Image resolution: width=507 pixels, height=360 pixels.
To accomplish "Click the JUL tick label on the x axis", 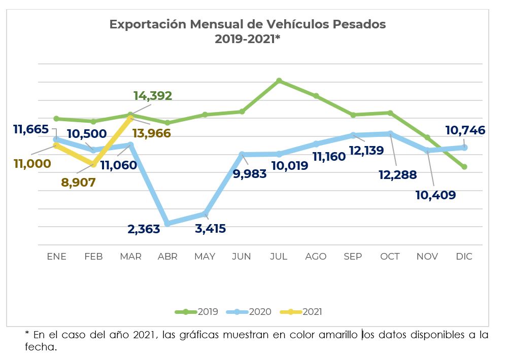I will coord(279,257).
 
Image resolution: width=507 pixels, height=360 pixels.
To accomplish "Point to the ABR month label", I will coord(167,257).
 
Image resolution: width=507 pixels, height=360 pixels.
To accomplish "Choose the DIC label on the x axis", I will coord(464,257).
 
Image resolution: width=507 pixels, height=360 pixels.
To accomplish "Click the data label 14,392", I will coord(153,95).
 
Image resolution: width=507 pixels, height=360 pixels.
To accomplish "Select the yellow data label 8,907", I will coord(78,183).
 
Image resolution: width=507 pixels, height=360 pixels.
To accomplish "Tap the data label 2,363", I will coord(144,229).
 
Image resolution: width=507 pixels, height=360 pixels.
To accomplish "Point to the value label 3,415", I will coord(210,229).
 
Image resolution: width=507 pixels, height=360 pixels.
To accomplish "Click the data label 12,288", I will coord(397,175).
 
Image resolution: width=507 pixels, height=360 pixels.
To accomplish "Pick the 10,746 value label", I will coord(465,130).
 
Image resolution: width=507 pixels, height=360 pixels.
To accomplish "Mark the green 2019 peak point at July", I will coord(279,81).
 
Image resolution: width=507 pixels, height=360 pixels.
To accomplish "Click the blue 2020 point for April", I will coord(167,224).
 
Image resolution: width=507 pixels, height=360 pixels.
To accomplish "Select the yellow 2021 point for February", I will coord(93,164).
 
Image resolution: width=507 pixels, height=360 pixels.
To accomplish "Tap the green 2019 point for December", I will coord(464,167).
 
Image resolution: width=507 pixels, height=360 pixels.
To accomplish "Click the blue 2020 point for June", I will coord(242,154).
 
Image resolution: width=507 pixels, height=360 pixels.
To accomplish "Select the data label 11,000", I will coord(32,163).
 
